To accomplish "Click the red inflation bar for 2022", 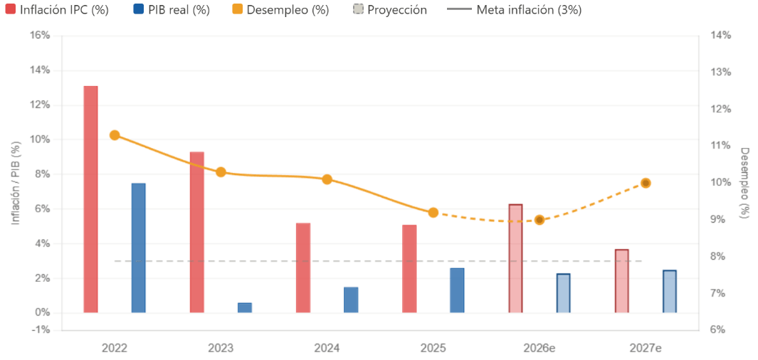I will (90, 199).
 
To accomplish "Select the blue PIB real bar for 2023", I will (245, 307).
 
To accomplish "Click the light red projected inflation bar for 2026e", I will (515, 258).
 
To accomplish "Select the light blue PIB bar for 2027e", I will (669, 291).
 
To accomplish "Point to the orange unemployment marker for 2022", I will (115, 135).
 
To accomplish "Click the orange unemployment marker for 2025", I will (433, 212).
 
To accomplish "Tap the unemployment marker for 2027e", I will (646, 183).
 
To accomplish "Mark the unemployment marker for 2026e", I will (539, 220).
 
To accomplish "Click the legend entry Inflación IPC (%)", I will (57, 10).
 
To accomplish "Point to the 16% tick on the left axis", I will (40, 36).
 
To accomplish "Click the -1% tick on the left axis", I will (40, 330).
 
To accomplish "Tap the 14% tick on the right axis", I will (721, 36).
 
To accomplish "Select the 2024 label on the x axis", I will (327, 349).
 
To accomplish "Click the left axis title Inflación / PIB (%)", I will (15, 183).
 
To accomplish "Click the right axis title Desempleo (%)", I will (744, 183).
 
